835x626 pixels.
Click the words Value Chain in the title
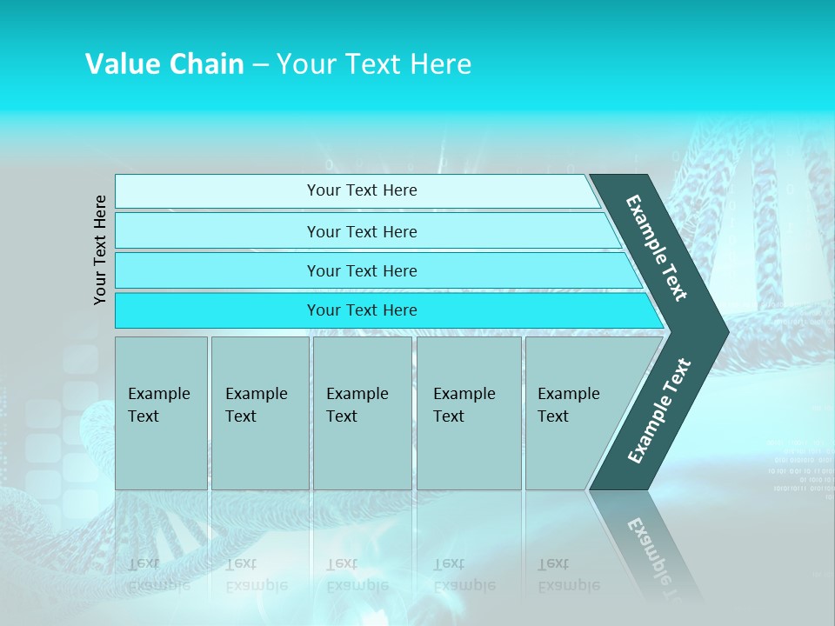click(164, 64)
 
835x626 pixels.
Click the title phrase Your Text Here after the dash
click(374, 64)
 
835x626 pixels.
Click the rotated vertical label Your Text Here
click(101, 250)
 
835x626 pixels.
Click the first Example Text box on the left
click(161, 413)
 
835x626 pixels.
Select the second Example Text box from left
click(259, 413)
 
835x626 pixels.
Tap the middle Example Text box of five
click(362, 413)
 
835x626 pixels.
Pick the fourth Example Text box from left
click(469, 413)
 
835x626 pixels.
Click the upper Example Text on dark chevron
click(657, 248)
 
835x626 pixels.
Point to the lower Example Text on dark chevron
click(659, 411)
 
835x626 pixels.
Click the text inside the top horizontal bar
click(362, 190)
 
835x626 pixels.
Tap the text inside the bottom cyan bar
click(362, 310)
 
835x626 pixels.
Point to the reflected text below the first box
click(159, 575)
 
